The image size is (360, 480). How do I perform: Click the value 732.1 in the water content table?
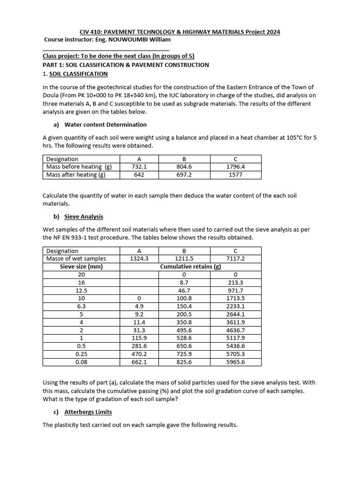(139, 166)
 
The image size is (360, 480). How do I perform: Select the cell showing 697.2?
(184, 174)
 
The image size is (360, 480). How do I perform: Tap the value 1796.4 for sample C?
(235, 166)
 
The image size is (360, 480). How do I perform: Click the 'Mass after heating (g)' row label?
(76, 174)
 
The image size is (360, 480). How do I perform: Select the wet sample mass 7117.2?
(235, 258)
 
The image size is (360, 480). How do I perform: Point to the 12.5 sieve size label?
(82, 290)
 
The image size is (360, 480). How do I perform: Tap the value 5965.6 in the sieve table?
(235, 362)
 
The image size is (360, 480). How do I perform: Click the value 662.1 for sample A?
(139, 362)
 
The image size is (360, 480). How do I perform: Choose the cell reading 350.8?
(184, 322)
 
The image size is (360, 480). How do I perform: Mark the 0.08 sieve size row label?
(82, 362)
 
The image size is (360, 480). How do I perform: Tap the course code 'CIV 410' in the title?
(91, 32)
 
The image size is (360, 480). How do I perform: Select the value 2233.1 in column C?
(235, 306)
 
